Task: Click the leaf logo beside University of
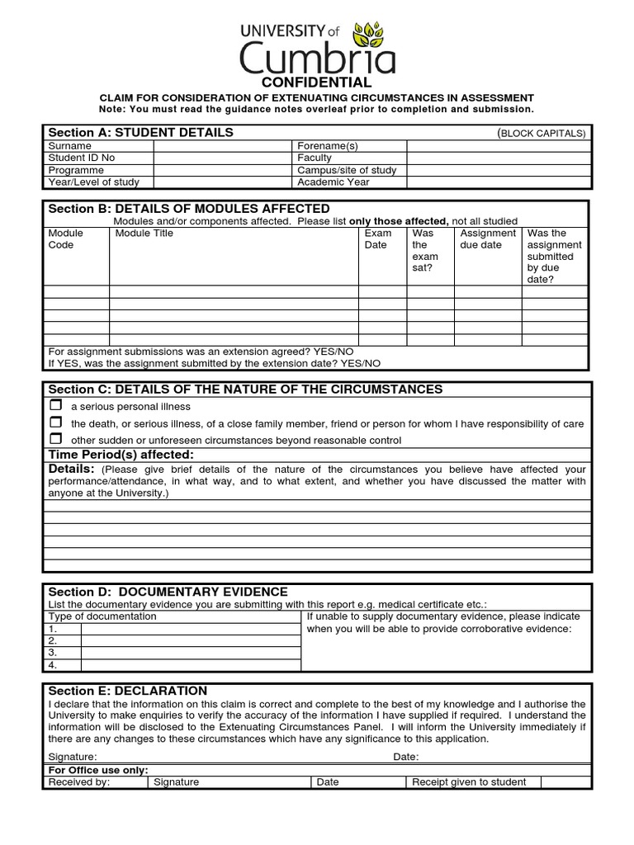click(373, 35)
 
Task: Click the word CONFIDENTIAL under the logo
click(316, 83)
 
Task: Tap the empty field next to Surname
click(223, 145)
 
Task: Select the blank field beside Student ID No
click(223, 158)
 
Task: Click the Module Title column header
click(144, 234)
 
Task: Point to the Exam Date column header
click(378, 239)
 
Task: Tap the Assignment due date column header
click(487, 239)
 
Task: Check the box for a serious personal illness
click(56, 405)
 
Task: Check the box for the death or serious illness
click(56, 422)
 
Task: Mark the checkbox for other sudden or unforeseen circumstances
click(56, 439)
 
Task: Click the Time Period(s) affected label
click(121, 455)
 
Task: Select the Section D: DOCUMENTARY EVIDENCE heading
click(168, 592)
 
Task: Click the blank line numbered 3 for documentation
click(190, 652)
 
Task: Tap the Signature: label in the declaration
click(73, 757)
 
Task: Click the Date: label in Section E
click(405, 757)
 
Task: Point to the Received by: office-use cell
click(79, 782)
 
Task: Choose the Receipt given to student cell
click(469, 782)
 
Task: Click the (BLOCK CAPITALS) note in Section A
click(541, 133)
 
